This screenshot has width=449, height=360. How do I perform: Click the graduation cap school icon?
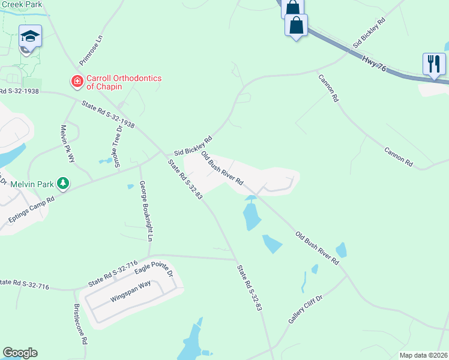coord(30,37)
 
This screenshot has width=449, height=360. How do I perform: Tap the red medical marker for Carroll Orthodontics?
coord(77,80)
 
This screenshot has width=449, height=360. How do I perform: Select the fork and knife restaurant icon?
coord(434,63)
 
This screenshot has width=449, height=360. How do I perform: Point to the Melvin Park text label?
coord(28,183)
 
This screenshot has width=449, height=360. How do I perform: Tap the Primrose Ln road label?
coord(91,50)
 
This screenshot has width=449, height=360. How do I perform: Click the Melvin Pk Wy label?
coord(67,143)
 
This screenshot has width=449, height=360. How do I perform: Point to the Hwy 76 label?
coord(374,64)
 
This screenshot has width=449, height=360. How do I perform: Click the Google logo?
coord(20,353)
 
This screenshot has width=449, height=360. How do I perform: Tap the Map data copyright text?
coord(423,355)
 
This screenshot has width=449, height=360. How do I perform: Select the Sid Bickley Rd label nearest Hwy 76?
coord(368,32)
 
